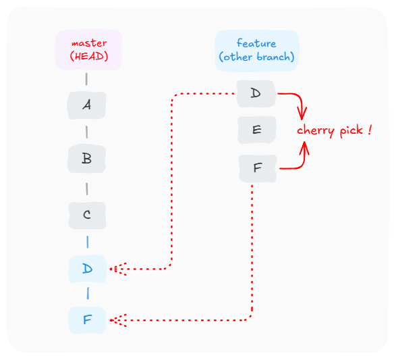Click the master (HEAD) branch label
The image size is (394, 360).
pos(88,50)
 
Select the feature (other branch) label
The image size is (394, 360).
pos(257,51)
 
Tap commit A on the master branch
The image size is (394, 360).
pos(86,105)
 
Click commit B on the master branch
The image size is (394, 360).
pos(86,159)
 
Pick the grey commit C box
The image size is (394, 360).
pos(87,215)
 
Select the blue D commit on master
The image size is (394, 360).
pos(88,269)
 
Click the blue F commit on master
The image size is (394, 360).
pos(88,320)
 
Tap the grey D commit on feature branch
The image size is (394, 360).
pos(256,94)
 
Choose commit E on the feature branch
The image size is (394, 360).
pos(257,130)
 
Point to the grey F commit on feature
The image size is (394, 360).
pos(258,168)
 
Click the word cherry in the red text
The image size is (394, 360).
pos(316,131)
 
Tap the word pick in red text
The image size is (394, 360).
pos(351,131)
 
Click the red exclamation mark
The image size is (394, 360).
pos(369,130)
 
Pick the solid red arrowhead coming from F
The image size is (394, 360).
pos(304,147)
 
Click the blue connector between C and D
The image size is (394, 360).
pos(87,242)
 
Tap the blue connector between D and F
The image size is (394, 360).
pos(88,294)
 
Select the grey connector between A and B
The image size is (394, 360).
pos(86,132)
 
